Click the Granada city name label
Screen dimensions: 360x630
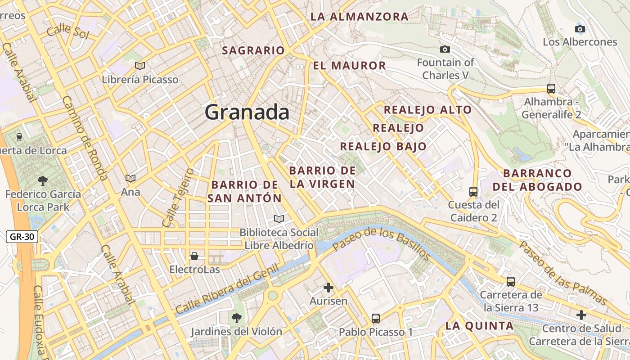(247, 112)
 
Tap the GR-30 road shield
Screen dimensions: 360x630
(22, 237)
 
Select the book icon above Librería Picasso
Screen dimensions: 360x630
(140, 66)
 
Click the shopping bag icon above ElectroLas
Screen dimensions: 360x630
(194, 256)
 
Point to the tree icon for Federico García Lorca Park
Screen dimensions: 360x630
(43, 181)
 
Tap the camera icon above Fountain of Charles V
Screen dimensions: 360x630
(445, 49)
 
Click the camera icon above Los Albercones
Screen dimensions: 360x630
(580, 29)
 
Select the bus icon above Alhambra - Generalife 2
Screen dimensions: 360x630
(551, 88)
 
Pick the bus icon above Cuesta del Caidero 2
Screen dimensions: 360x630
(473, 191)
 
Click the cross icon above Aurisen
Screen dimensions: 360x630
(328, 287)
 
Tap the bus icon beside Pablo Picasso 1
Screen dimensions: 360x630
(376, 319)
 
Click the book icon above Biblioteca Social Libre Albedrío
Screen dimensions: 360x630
(279, 219)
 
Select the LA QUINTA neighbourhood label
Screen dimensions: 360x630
(479, 326)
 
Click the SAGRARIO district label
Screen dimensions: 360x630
(253, 50)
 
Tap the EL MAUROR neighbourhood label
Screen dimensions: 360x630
(349, 66)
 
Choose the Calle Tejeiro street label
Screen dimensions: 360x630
(178, 198)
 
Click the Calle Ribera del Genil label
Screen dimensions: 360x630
(227, 290)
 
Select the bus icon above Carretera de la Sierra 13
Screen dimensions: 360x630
(511, 282)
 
